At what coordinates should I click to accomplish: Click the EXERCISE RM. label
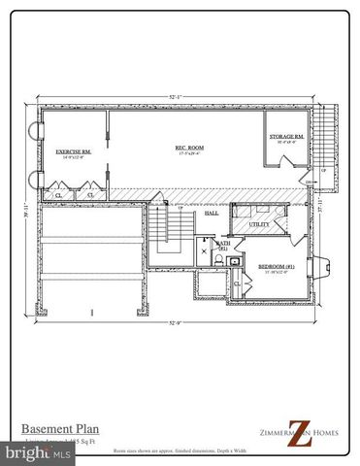[73, 152]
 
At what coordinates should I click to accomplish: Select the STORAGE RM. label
[287, 137]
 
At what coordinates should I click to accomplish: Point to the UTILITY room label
[259, 224]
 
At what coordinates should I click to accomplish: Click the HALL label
[211, 214]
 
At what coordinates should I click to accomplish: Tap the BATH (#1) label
[221, 248]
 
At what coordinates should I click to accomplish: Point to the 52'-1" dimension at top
[175, 97]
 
